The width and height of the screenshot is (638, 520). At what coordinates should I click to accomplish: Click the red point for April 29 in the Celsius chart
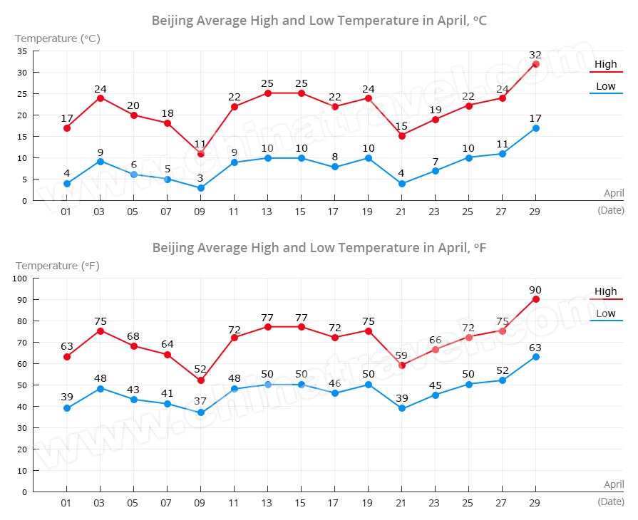pyautogui.click(x=535, y=64)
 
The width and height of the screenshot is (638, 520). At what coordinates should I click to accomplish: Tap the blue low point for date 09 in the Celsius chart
pyautogui.click(x=201, y=188)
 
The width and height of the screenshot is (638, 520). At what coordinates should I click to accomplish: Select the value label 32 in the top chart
pyautogui.click(x=535, y=54)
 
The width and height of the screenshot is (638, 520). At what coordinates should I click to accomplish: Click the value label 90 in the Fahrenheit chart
pyautogui.click(x=535, y=289)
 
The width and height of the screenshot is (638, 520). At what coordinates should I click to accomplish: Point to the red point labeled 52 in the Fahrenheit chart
pyautogui.click(x=201, y=380)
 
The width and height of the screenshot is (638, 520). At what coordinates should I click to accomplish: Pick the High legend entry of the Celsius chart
pyautogui.click(x=606, y=65)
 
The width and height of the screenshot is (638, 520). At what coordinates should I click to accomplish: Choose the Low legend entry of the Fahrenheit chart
pyautogui.click(x=606, y=313)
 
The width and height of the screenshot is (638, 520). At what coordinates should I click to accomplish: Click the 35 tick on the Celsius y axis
pyautogui.click(x=22, y=51)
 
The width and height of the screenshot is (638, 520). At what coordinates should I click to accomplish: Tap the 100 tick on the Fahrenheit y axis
pyautogui.click(x=19, y=279)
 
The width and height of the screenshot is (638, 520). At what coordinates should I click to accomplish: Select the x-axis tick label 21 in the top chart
pyautogui.click(x=402, y=212)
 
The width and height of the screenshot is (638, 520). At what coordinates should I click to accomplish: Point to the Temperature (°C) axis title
pyautogui.click(x=58, y=38)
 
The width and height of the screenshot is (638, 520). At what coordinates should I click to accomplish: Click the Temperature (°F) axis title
pyautogui.click(x=58, y=266)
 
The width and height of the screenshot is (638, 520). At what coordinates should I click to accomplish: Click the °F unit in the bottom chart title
pyautogui.click(x=480, y=247)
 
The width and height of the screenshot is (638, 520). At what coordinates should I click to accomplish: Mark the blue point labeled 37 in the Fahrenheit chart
pyautogui.click(x=201, y=412)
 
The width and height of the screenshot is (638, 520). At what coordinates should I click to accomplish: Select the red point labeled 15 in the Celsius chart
pyautogui.click(x=402, y=135)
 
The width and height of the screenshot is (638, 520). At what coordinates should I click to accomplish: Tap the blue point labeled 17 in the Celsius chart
pyautogui.click(x=535, y=128)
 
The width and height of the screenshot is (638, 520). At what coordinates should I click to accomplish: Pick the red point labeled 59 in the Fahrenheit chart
pyautogui.click(x=402, y=365)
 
